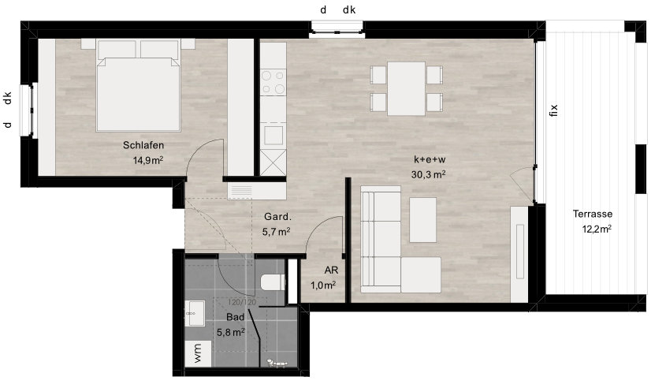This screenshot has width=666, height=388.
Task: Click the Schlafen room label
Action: [x=143, y=145]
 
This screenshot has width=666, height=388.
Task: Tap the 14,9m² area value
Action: [x=148, y=160]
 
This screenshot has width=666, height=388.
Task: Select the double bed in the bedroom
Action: [x=139, y=85]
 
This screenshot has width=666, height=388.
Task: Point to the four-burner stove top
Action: [x=273, y=82]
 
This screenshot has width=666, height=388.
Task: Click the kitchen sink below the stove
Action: [x=273, y=135]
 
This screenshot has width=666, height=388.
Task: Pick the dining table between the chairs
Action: [x=406, y=88]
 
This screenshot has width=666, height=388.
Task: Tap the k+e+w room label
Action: [x=430, y=159]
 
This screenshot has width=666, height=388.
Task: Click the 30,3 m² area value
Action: [x=428, y=174]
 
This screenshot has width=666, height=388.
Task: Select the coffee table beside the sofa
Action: [x=423, y=220]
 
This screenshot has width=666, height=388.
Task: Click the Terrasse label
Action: [x=593, y=214]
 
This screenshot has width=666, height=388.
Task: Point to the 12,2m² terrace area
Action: [x=597, y=229]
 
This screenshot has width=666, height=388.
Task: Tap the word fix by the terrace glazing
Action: [x=553, y=110]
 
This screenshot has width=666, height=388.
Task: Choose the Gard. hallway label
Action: [x=277, y=217]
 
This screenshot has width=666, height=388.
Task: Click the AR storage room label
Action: [x=331, y=270]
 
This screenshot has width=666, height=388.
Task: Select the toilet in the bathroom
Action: [x=272, y=282]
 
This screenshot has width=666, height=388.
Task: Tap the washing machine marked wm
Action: [x=199, y=353]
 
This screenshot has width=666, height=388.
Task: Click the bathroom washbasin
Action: [x=195, y=313]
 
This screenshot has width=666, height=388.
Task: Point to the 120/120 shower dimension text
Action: [x=242, y=303]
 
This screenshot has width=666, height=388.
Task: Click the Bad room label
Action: [x=236, y=317]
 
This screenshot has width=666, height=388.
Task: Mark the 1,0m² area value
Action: [x=323, y=285]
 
